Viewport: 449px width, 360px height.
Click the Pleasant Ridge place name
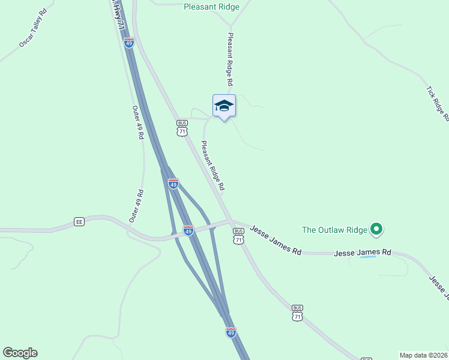click(x=211, y=7)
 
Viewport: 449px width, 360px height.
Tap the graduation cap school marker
click(x=224, y=106)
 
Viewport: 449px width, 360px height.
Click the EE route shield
click(x=79, y=221)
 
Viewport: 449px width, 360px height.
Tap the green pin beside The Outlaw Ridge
click(x=376, y=229)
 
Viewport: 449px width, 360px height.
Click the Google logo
click(x=20, y=353)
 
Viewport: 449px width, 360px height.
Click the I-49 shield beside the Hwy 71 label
click(x=129, y=42)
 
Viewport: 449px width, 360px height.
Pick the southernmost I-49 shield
click(x=231, y=331)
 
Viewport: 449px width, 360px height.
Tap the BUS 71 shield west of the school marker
click(x=182, y=127)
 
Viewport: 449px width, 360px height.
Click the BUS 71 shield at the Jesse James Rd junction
click(x=238, y=236)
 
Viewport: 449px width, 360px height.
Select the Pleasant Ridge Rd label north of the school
click(x=229, y=59)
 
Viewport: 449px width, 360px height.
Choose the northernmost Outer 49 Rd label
click(x=137, y=123)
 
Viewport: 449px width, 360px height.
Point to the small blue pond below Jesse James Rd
click(x=368, y=257)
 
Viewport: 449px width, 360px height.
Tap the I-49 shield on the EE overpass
click(x=188, y=230)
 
